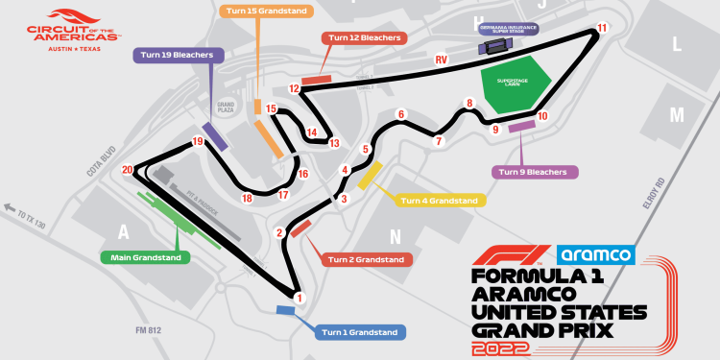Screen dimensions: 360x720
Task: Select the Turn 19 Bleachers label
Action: (x=179, y=56)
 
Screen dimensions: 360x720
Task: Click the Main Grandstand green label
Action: (x=146, y=257)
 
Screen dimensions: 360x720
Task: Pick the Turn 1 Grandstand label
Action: (x=360, y=333)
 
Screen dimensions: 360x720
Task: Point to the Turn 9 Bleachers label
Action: (x=536, y=172)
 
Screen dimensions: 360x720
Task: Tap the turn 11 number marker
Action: (x=602, y=28)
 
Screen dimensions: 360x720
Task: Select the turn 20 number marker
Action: (x=128, y=170)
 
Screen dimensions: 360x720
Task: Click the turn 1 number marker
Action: (x=300, y=298)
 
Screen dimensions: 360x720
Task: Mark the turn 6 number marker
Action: (x=401, y=114)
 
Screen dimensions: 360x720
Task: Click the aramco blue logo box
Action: (x=595, y=254)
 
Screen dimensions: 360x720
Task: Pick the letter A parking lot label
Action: (x=122, y=231)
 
